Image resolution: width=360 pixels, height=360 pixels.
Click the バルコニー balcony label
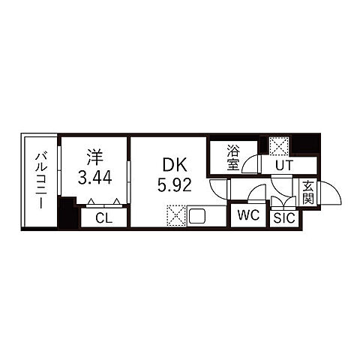pyautogui.click(x=40, y=181)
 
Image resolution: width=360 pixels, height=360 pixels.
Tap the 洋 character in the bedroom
pyautogui.click(x=95, y=157)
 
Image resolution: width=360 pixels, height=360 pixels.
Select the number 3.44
pyautogui.click(x=94, y=177)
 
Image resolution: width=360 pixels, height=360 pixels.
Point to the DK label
pyautogui.click(x=175, y=165)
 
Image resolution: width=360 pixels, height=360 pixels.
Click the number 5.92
pyautogui.click(x=175, y=185)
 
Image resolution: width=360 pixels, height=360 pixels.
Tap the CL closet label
pyautogui.click(x=104, y=218)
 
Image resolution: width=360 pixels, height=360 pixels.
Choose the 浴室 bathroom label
pyautogui.click(x=233, y=157)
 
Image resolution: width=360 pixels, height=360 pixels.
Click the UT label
pyautogui.click(x=283, y=165)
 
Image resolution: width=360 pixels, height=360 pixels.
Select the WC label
pyautogui.click(x=248, y=215)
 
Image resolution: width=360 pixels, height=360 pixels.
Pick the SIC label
pyautogui.click(x=284, y=218)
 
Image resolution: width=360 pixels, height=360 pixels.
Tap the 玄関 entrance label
pyautogui.click(x=308, y=192)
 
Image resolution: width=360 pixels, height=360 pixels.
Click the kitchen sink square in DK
pyautogui.click(x=197, y=217)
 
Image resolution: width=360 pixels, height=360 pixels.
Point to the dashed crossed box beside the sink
pyautogui.click(x=176, y=216)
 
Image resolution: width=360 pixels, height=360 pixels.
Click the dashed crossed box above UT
pyautogui.click(x=279, y=146)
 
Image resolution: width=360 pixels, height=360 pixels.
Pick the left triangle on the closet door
pyautogui.click(x=91, y=201)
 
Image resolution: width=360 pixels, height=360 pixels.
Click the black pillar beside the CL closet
pyautogui.click(x=67, y=213)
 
